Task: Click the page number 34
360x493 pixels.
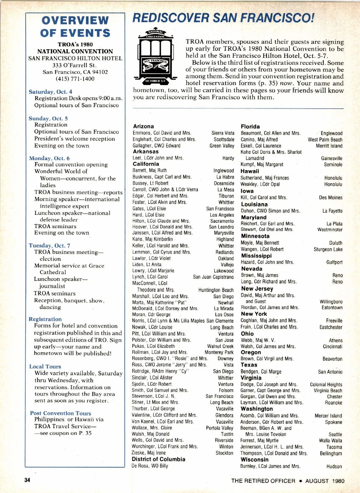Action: pyautogui.click(x=27, y=480)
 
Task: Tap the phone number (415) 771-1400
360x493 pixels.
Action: pyautogui.click(x=75, y=79)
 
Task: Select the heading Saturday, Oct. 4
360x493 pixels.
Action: pyautogui.click(x=50, y=92)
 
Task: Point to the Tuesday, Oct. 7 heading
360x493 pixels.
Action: pyautogui.click(x=49, y=245)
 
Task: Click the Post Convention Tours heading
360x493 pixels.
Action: pyautogui.click(x=60, y=413)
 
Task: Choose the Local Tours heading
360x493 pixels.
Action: pyautogui.click(x=45, y=366)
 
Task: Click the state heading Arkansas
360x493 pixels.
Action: pyautogui.click(x=145, y=152)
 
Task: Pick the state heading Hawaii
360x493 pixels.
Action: pyautogui.click(x=250, y=171)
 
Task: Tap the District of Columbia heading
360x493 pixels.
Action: pyautogui.click(x=158, y=459)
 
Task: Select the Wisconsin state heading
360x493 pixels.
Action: pyautogui.click(x=254, y=459)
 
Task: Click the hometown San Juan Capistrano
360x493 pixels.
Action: pyautogui.click(x=213, y=277)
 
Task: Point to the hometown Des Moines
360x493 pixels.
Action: pyautogui.click(x=331, y=198)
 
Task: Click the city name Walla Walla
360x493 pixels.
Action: pyautogui.click(x=330, y=440)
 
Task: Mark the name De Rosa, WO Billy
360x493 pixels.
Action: pyautogui.click(x=150, y=466)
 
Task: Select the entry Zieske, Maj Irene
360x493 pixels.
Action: pyautogui.click(x=149, y=453)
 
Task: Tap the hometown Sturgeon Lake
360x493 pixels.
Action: pyautogui.click(x=328, y=249)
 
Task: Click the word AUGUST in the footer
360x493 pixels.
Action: pyautogui.click(x=317, y=481)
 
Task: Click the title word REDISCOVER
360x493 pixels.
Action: pyautogui.click(x=170, y=18)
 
